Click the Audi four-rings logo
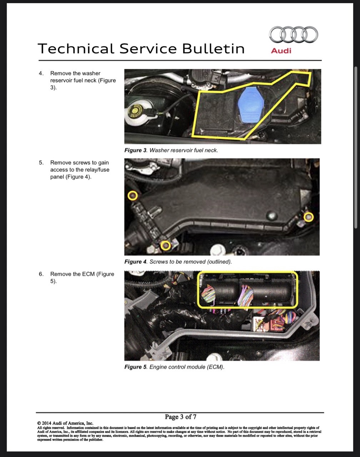tap(294, 34)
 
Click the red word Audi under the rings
tap(281, 51)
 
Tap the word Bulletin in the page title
tap(213, 49)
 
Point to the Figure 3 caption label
tap(135, 150)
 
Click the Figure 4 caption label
tap(135, 262)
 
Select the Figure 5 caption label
tap(135, 367)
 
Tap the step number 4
tap(41, 73)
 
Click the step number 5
tap(41, 163)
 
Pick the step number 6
tap(41, 274)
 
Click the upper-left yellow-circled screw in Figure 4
tap(132, 195)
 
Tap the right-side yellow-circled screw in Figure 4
tap(309, 217)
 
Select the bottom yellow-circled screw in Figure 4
tap(166, 246)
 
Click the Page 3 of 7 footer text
tap(180, 417)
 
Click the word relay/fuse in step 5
tap(97, 170)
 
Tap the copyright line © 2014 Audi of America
tap(65, 423)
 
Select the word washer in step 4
tap(91, 73)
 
